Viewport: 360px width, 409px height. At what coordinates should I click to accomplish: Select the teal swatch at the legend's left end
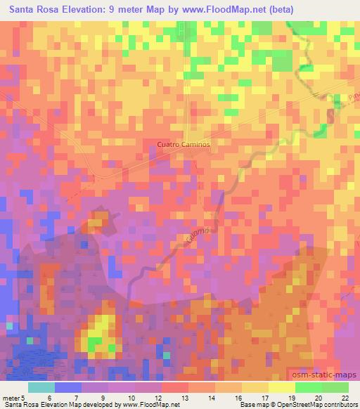coord(41,387)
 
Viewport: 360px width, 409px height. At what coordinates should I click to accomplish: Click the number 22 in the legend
coord(345,398)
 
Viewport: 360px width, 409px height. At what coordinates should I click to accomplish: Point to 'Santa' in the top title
coord(24,9)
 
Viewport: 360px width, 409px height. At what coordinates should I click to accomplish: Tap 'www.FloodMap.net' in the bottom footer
coord(148,405)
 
